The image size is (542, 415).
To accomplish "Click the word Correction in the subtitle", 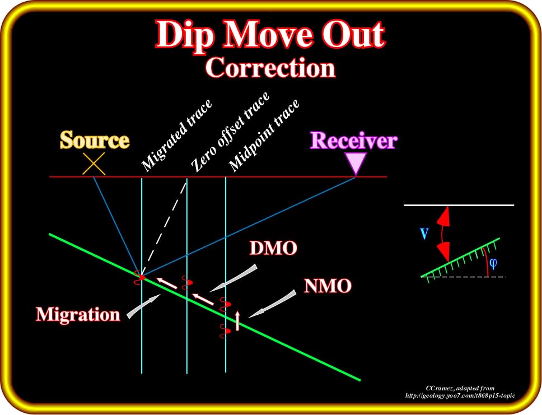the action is point(270,67).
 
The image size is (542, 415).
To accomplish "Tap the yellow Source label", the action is point(95,140).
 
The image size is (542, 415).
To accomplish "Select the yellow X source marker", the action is point(94,164).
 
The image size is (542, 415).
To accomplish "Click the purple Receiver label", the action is point(354,141).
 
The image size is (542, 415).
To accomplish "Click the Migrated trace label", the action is point(176,135).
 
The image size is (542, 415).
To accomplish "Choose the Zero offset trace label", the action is point(231,132).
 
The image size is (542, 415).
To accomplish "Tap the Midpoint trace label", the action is point(264,135).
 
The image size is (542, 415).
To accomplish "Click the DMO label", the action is point(273,248).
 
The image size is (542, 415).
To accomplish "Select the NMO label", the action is point(328,286).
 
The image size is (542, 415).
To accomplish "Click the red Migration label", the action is point(78,315).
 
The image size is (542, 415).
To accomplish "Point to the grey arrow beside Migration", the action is point(142,306).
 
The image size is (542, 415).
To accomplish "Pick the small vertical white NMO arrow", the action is point(237,320).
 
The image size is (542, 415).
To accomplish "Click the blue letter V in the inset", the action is point(424,234).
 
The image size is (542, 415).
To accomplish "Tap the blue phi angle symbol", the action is point(493,264).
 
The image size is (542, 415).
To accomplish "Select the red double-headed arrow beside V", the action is point(443,234).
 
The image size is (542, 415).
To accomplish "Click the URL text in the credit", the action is point(460,395).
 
